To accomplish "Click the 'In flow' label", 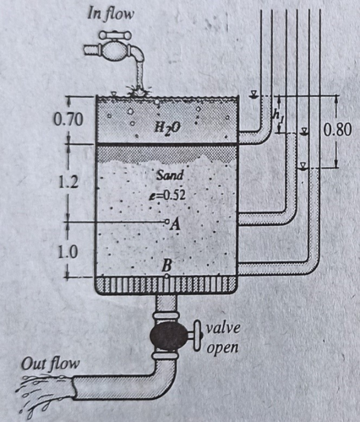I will tap(106, 13).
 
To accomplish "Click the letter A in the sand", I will tap(176, 225).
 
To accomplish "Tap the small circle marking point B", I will tap(167, 276).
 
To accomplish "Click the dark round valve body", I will tap(167, 334).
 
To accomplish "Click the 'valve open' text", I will tap(223, 339).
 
